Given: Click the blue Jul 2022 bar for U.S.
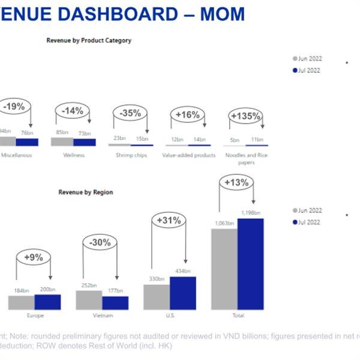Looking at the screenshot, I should coord(182,293).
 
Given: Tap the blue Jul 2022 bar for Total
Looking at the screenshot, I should coord(250,264).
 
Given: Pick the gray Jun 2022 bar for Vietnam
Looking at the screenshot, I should coord(89,299).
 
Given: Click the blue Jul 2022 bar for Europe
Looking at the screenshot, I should coord(47,302).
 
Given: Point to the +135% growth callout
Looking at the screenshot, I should coord(245,116).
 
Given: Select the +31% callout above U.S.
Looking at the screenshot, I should coord(169,221).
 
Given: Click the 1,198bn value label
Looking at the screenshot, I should coord(251,213).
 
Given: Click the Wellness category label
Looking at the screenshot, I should coord(73,155).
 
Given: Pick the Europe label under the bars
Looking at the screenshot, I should coord(35,315).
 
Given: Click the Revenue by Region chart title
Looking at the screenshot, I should coord(85,193).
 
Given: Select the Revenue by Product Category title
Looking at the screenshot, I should coord(89,41).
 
